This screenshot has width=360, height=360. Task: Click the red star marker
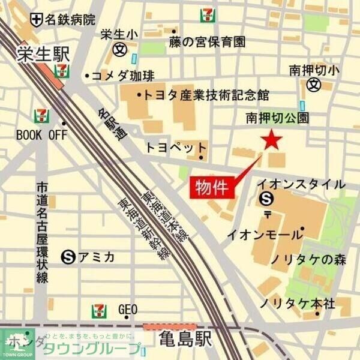pyautogui.click(x=272, y=140)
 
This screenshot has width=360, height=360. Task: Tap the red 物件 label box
pyautogui.click(x=212, y=187)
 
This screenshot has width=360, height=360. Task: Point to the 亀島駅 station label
pyautogui.click(x=184, y=340)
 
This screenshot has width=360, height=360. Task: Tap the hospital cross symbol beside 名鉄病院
pyautogui.click(x=38, y=19)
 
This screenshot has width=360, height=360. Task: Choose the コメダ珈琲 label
pyautogui.click(x=115, y=76)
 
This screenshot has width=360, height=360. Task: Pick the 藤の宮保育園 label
pyautogui.click(x=208, y=41)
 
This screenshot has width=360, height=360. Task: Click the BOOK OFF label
pyautogui.click(x=41, y=134)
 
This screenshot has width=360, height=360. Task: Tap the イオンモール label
pyautogui.click(x=262, y=235)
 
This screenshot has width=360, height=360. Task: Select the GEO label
pyautogui.click(x=128, y=310)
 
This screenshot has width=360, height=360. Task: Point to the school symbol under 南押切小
pyautogui.click(x=313, y=85)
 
